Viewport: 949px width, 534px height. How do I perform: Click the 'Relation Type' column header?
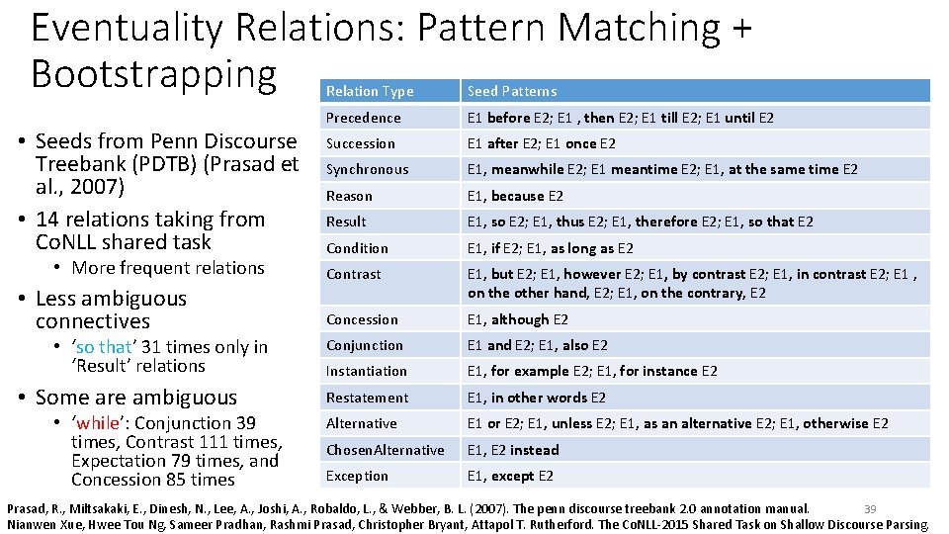370,91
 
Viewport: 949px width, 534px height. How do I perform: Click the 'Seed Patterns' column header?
512,91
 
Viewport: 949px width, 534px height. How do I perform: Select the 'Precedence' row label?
364,118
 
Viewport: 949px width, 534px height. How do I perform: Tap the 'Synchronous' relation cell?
367,169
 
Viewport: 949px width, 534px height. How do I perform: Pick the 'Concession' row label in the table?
363,319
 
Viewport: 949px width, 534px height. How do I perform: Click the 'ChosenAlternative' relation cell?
386,450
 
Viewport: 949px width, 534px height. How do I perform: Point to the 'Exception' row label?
358,476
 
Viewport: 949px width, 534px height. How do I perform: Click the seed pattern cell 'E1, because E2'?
515,196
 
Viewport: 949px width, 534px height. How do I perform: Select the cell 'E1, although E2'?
518,319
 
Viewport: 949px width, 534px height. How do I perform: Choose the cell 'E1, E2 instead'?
513,450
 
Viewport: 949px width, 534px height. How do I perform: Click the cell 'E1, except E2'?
510,476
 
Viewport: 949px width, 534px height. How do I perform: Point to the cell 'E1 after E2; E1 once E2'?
542,143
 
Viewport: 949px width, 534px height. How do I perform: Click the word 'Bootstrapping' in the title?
153,73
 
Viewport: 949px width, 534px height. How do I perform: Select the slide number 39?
870,508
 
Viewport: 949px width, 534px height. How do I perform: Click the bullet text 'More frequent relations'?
168,268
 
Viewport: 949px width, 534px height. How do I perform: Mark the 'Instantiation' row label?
367,371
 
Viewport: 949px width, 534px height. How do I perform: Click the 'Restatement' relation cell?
367,398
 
